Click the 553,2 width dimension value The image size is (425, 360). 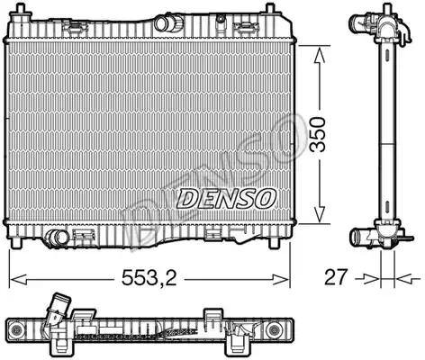(x=149, y=277)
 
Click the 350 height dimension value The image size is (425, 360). (x=319, y=134)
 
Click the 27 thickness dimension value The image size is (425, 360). (x=336, y=277)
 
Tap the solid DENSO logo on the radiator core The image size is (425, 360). (x=226, y=199)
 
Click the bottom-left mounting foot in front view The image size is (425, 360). (x=16, y=242)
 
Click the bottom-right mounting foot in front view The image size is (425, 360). (x=274, y=242)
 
